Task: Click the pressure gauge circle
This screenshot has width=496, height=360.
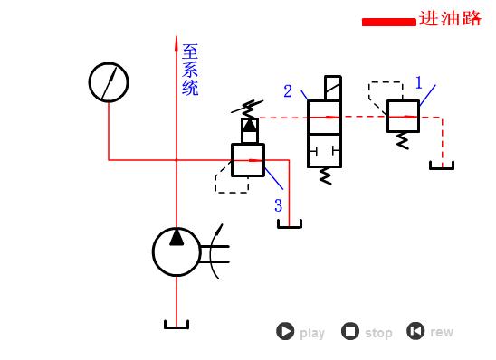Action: (109, 82)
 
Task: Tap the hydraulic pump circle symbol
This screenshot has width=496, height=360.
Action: (176, 251)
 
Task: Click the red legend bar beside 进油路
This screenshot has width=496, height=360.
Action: (388, 22)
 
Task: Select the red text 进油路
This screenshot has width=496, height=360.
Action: (450, 19)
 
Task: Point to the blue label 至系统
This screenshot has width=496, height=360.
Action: (190, 70)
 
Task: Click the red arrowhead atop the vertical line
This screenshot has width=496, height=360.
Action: (176, 42)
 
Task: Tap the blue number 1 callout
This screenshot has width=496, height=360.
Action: (418, 83)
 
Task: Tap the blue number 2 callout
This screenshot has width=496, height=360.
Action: (288, 91)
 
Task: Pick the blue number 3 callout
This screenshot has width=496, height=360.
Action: (279, 206)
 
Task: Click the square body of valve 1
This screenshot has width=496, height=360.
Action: (403, 116)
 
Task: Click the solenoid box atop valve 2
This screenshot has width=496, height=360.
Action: (332, 89)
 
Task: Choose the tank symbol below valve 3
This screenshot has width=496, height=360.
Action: (289, 223)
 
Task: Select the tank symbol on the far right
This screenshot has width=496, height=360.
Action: (442, 166)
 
